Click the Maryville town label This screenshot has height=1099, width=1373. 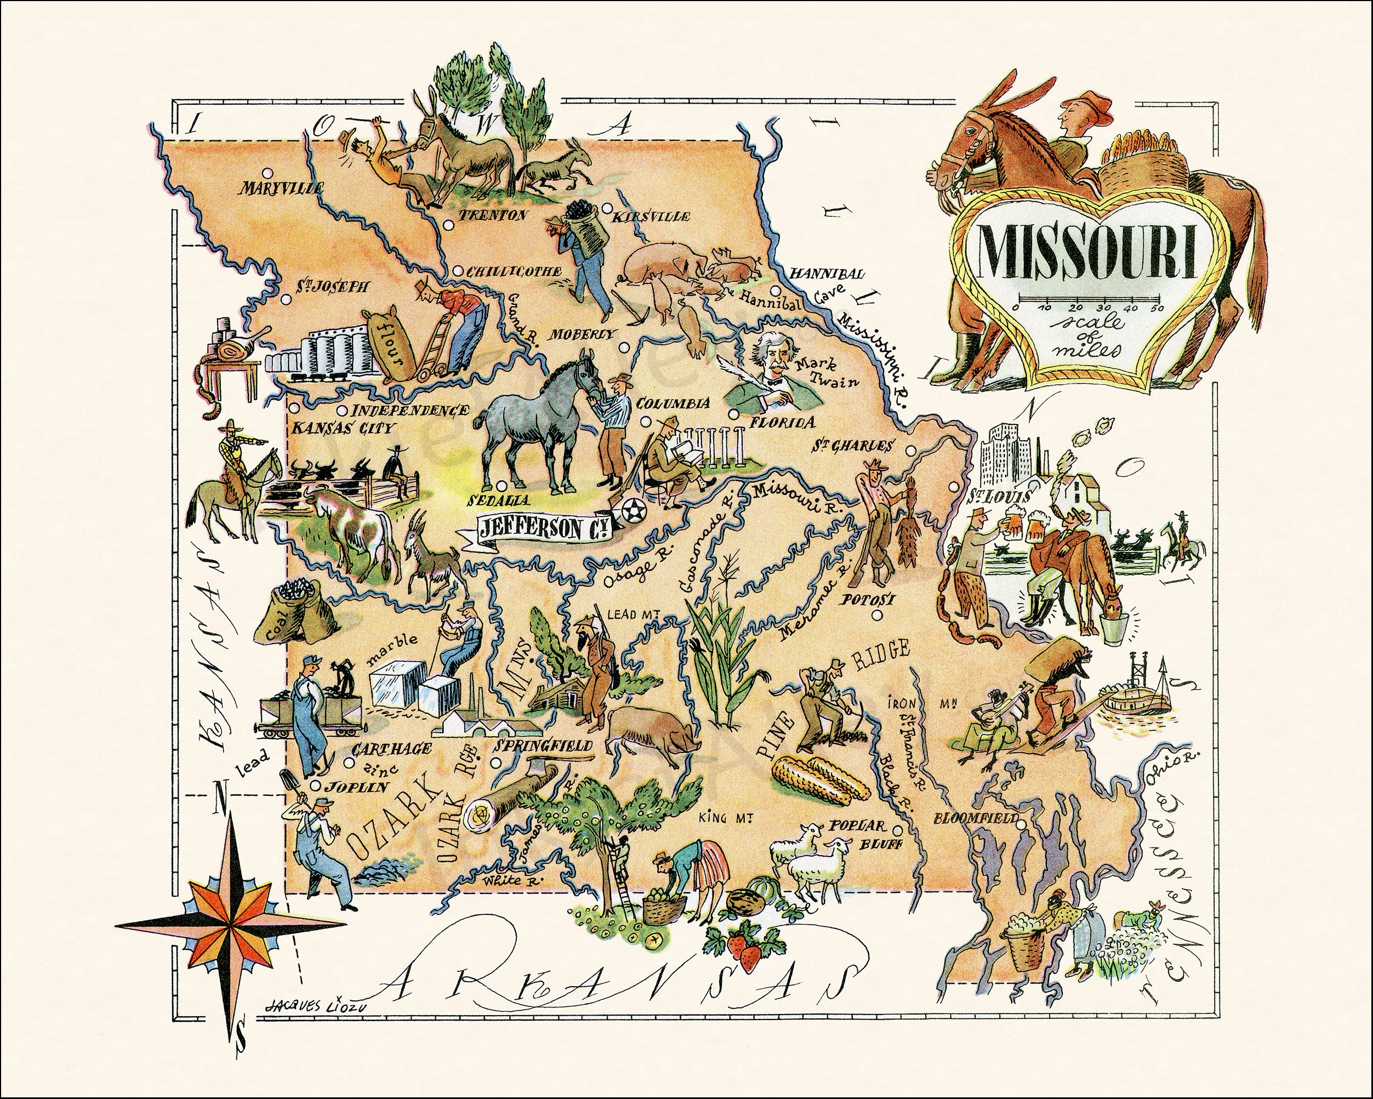coord(280,187)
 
